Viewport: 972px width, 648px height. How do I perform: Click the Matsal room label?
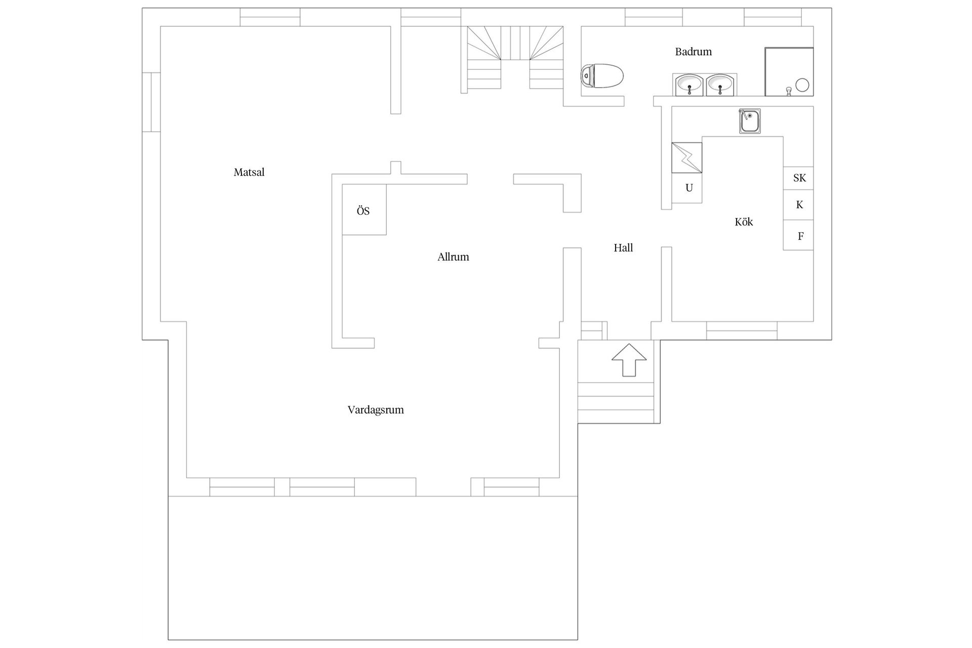pyautogui.click(x=249, y=172)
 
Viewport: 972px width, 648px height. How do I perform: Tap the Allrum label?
pyautogui.click(x=453, y=257)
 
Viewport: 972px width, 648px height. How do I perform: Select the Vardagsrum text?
pyautogui.click(x=376, y=410)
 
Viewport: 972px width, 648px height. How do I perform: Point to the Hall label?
pyautogui.click(x=623, y=248)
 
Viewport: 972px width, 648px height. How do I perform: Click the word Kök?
pyautogui.click(x=744, y=222)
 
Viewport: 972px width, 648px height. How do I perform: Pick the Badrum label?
pyautogui.click(x=693, y=52)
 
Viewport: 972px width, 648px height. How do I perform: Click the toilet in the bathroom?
pyautogui.click(x=602, y=76)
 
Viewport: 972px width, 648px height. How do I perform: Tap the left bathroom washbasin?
pyautogui.click(x=688, y=85)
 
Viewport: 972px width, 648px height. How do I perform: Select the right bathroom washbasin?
pyautogui.click(x=720, y=85)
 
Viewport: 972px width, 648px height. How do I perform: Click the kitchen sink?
pyautogui.click(x=749, y=121)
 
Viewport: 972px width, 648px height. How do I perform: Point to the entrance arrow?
pyautogui.click(x=629, y=360)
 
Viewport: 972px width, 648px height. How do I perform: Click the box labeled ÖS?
pyautogui.click(x=364, y=210)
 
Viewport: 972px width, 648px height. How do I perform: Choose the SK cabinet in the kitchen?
pyautogui.click(x=798, y=178)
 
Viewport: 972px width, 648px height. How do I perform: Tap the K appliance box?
pyautogui.click(x=798, y=205)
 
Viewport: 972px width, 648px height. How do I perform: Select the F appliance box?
pyautogui.click(x=798, y=235)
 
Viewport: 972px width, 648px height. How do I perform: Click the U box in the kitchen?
pyautogui.click(x=687, y=188)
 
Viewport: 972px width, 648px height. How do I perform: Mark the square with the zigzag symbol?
pyautogui.click(x=687, y=157)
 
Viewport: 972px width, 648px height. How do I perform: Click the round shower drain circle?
pyautogui.click(x=802, y=85)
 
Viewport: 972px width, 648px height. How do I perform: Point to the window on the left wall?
pyautogui.click(x=151, y=102)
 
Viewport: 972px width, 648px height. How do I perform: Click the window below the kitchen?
pyautogui.click(x=742, y=331)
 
